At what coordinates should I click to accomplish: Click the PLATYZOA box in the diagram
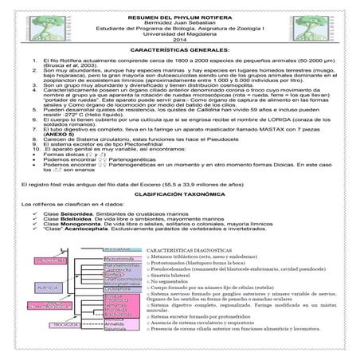coord(47,287)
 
